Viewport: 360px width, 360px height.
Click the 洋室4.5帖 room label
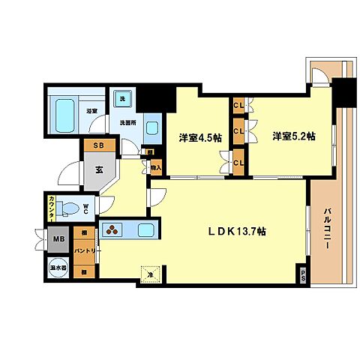(x=199, y=138)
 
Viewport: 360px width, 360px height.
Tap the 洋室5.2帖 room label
(x=293, y=136)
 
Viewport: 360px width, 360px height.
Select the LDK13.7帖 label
(x=237, y=232)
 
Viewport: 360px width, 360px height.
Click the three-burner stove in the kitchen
(x=112, y=231)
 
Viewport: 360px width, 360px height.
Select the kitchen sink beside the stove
(x=145, y=230)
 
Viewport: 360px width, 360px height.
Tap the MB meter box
(x=58, y=241)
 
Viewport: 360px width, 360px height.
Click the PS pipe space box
(x=304, y=274)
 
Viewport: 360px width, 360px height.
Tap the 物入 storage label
(x=156, y=169)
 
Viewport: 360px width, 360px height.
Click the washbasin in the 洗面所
(x=152, y=127)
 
